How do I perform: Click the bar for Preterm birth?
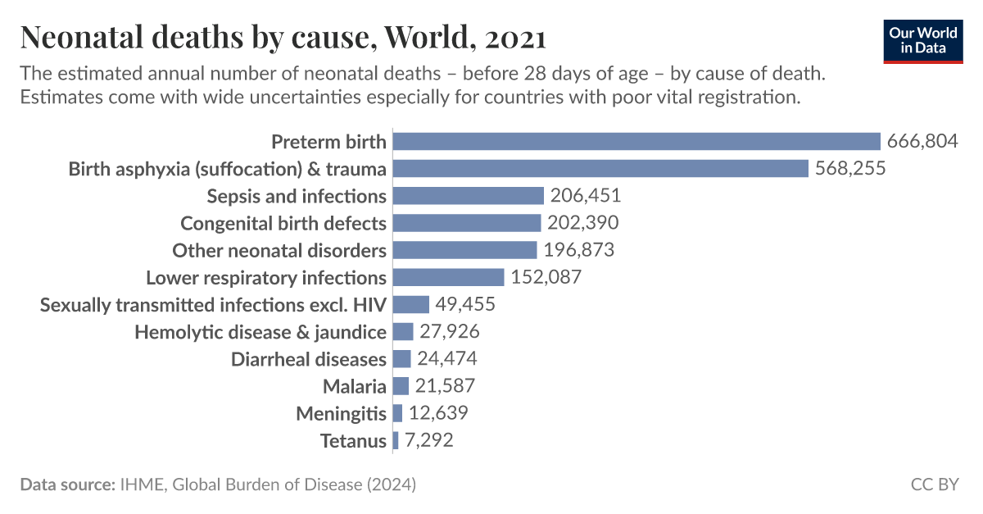tap(636, 142)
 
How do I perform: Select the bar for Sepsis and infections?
tap(469, 196)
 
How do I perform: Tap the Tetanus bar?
tap(396, 441)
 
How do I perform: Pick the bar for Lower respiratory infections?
tap(448, 277)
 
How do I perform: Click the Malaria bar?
tap(401, 386)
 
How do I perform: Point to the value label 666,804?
tap(922, 142)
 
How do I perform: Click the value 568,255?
tap(850, 169)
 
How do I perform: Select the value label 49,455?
tap(466, 304)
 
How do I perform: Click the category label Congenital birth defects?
tap(283, 223)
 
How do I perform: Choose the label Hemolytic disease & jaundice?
tap(260, 332)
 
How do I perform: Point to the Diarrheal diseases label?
tap(309, 359)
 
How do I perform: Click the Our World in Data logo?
tap(923, 40)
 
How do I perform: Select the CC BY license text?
tap(934, 484)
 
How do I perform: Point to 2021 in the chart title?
tap(515, 38)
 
